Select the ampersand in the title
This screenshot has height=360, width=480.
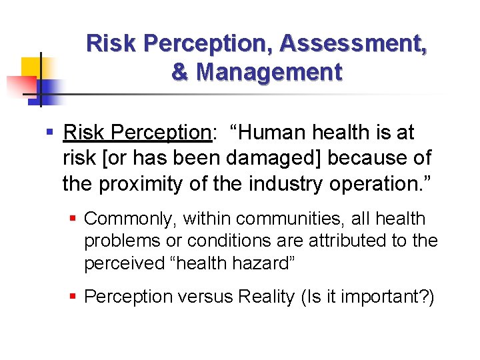[179, 72]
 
